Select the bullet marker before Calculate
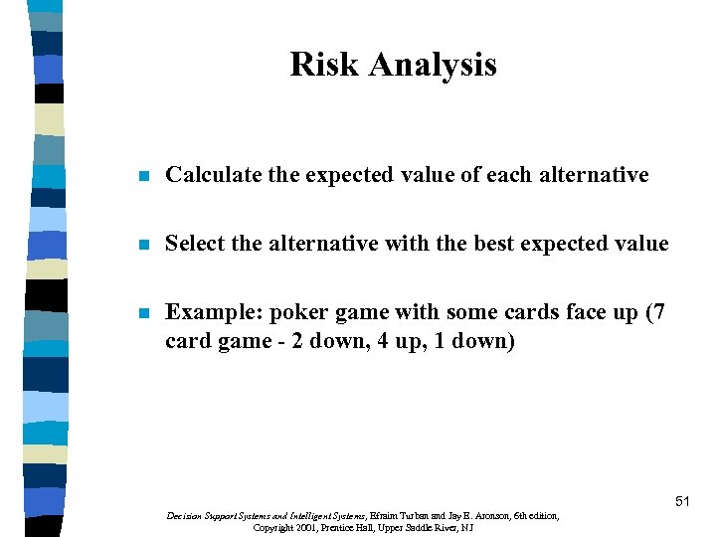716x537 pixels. click(x=143, y=177)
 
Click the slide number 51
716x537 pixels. click(x=682, y=502)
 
